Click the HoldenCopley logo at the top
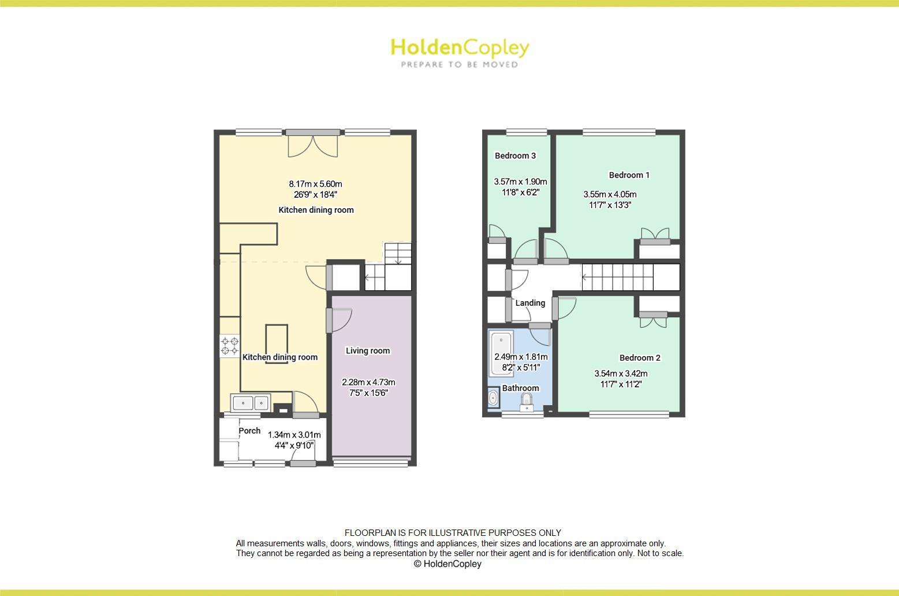(x=460, y=52)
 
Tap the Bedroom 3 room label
(x=515, y=156)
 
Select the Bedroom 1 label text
(x=629, y=175)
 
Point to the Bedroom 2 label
(x=640, y=358)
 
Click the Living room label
(x=368, y=351)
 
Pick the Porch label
(x=249, y=431)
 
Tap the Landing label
(x=530, y=303)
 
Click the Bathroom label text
(x=520, y=388)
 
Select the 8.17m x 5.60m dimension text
(x=315, y=184)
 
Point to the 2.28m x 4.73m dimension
(x=368, y=382)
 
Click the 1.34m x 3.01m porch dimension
(x=294, y=435)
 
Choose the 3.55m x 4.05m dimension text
(x=610, y=194)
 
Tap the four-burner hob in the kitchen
(x=230, y=346)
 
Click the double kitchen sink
(x=251, y=402)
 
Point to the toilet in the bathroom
(x=526, y=401)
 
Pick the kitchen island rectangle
(x=277, y=344)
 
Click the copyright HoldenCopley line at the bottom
(x=447, y=564)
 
